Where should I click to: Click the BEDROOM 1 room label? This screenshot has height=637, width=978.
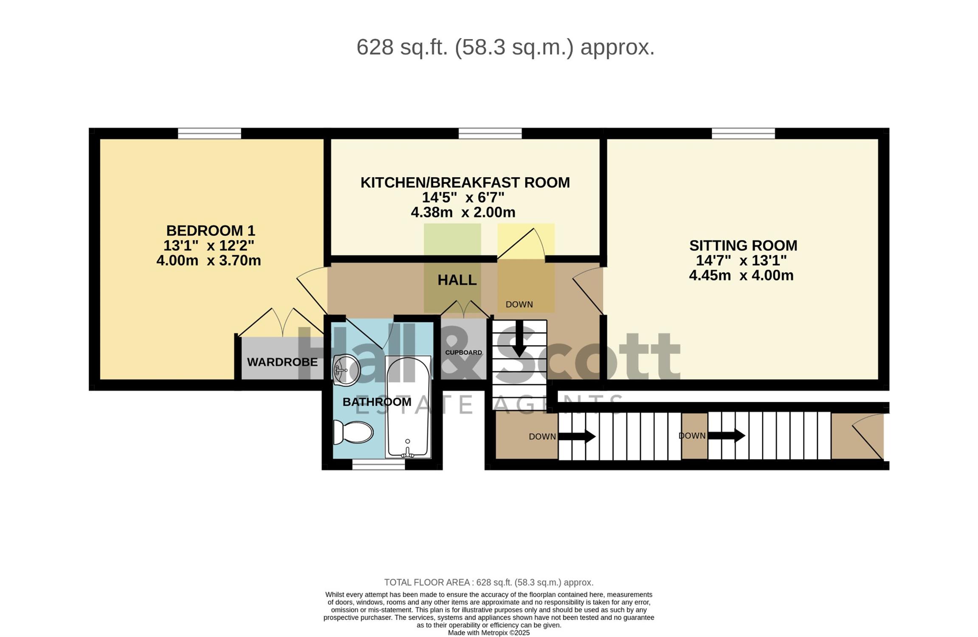click(211, 231)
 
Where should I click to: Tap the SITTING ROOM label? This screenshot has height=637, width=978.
click(743, 245)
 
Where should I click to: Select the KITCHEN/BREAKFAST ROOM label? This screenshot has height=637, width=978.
click(465, 182)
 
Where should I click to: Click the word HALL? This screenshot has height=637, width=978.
click(457, 280)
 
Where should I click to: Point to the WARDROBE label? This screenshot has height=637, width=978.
click(282, 362)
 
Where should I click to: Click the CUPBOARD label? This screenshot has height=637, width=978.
click(463, 352)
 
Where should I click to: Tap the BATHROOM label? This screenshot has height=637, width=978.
click(377, 402)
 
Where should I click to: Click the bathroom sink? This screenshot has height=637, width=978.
click(347, 370)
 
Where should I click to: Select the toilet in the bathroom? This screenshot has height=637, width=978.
click(353, 432)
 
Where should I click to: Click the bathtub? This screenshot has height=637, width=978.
click(408, 407)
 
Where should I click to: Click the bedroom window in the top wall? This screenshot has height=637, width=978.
click(209, 133)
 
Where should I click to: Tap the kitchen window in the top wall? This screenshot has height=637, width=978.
click(490, 133)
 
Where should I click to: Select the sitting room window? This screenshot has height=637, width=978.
click(743, 133)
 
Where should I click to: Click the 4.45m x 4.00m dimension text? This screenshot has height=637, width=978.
click(741, 275)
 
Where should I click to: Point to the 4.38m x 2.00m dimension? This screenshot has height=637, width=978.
click(463, 212)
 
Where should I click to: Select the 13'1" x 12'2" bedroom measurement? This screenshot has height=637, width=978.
click(209, 245)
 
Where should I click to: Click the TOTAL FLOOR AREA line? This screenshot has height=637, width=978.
click(489, 582)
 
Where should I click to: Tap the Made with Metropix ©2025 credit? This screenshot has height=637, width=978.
click(489, 633)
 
